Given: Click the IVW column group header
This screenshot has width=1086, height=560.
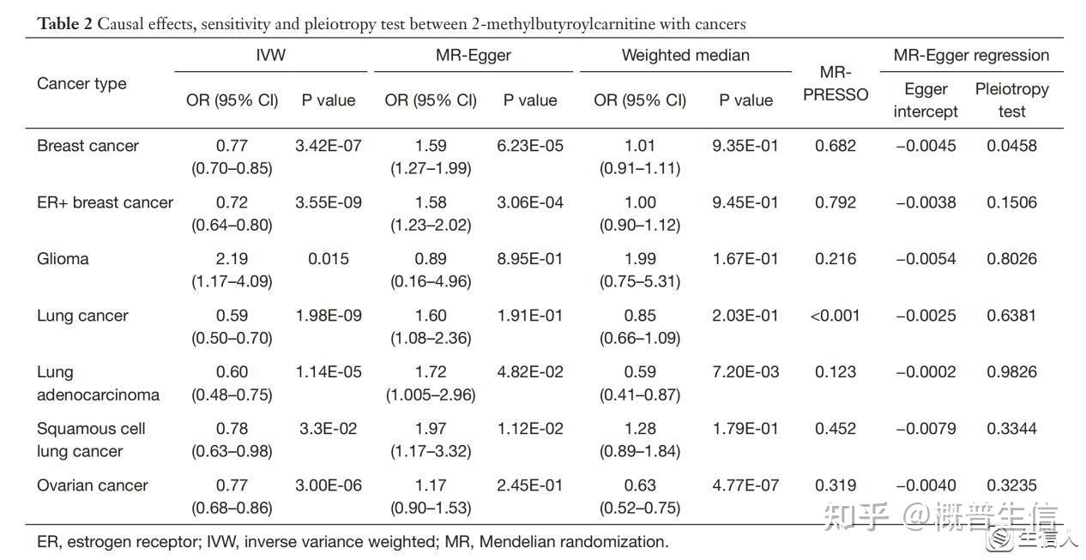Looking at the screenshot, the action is point(270,55).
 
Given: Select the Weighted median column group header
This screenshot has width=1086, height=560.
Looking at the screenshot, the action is point(685,55).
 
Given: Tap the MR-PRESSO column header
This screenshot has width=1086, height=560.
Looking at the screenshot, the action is point(836,83).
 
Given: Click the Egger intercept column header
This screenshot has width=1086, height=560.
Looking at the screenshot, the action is point(926,100).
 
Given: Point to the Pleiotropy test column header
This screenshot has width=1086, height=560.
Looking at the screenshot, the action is point(1012,100).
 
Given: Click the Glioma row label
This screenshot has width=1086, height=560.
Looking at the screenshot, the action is point(63,259).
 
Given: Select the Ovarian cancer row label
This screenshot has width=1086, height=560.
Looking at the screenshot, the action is point(92,485).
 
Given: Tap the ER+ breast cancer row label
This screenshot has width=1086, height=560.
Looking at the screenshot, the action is point(105,202).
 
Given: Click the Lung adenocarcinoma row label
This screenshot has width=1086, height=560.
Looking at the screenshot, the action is point(98,383).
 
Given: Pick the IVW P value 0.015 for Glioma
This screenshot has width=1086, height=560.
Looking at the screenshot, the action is point(329,259).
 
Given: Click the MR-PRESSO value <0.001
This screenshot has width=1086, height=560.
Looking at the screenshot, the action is point(835,316).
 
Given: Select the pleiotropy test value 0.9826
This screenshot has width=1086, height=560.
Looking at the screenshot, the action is point(1012,372).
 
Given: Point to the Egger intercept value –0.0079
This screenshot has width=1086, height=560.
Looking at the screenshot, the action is point(926,429).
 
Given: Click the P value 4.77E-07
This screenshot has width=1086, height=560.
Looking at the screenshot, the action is point(745,485).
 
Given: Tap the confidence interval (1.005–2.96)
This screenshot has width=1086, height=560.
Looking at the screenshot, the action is point(431,394).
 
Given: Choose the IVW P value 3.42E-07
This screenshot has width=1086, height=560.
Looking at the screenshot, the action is point(329,146).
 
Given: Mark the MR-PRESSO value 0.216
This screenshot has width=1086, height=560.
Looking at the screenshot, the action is point(836,259).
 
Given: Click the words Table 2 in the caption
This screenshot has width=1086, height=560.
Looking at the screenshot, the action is point(64,24).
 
